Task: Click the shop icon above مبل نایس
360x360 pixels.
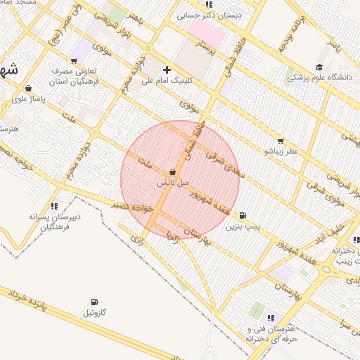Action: point(173,172)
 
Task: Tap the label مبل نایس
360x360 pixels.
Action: point(173,183)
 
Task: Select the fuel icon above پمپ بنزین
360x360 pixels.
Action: point(243,216)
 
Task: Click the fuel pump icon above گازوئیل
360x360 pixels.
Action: point(95,302)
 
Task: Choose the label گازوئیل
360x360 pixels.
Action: point(94,312)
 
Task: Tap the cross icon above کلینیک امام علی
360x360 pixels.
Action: point(167,70)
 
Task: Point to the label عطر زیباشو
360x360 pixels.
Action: point(281,151)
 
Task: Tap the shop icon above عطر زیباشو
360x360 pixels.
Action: point(281,141)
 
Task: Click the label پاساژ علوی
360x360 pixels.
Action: point(29,99)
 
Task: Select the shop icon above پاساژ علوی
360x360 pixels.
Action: point(28,89)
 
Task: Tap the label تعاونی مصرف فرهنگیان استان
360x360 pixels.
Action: point(73,77)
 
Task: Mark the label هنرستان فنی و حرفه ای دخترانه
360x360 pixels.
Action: point(273,333)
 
